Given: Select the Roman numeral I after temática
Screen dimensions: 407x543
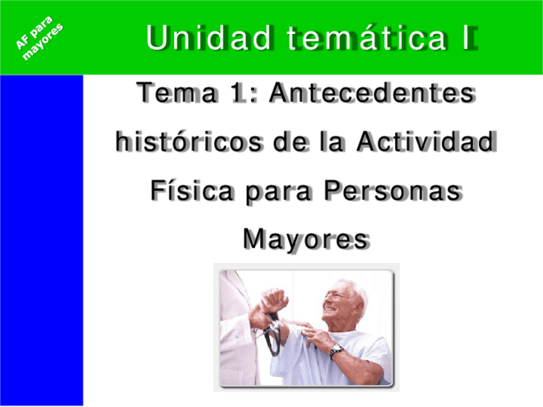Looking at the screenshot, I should click(x=469, y=38).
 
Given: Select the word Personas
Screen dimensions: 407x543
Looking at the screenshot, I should click(x=392, y=191).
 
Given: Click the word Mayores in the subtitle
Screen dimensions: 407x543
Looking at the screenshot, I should click(x=305, y=239).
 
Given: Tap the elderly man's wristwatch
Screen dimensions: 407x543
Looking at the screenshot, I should click(x=336, y=351).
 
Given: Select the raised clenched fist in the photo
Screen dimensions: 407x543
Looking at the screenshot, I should click(x=273, y=300).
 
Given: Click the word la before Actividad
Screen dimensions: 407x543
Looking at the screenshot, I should click(x=332, y=141).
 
